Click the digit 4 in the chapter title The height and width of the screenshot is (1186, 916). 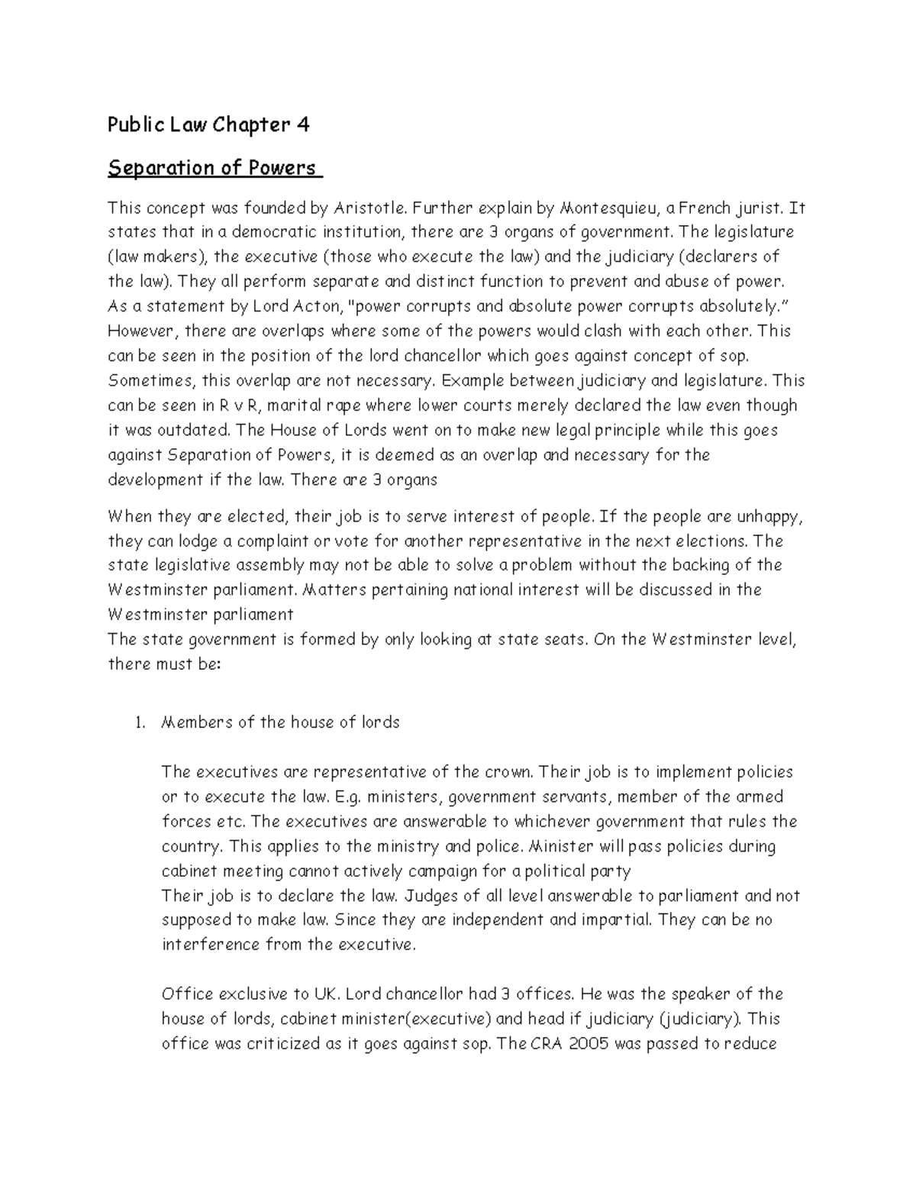click(x=303, y=125)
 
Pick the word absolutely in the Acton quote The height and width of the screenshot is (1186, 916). click(x=730, y=306)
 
